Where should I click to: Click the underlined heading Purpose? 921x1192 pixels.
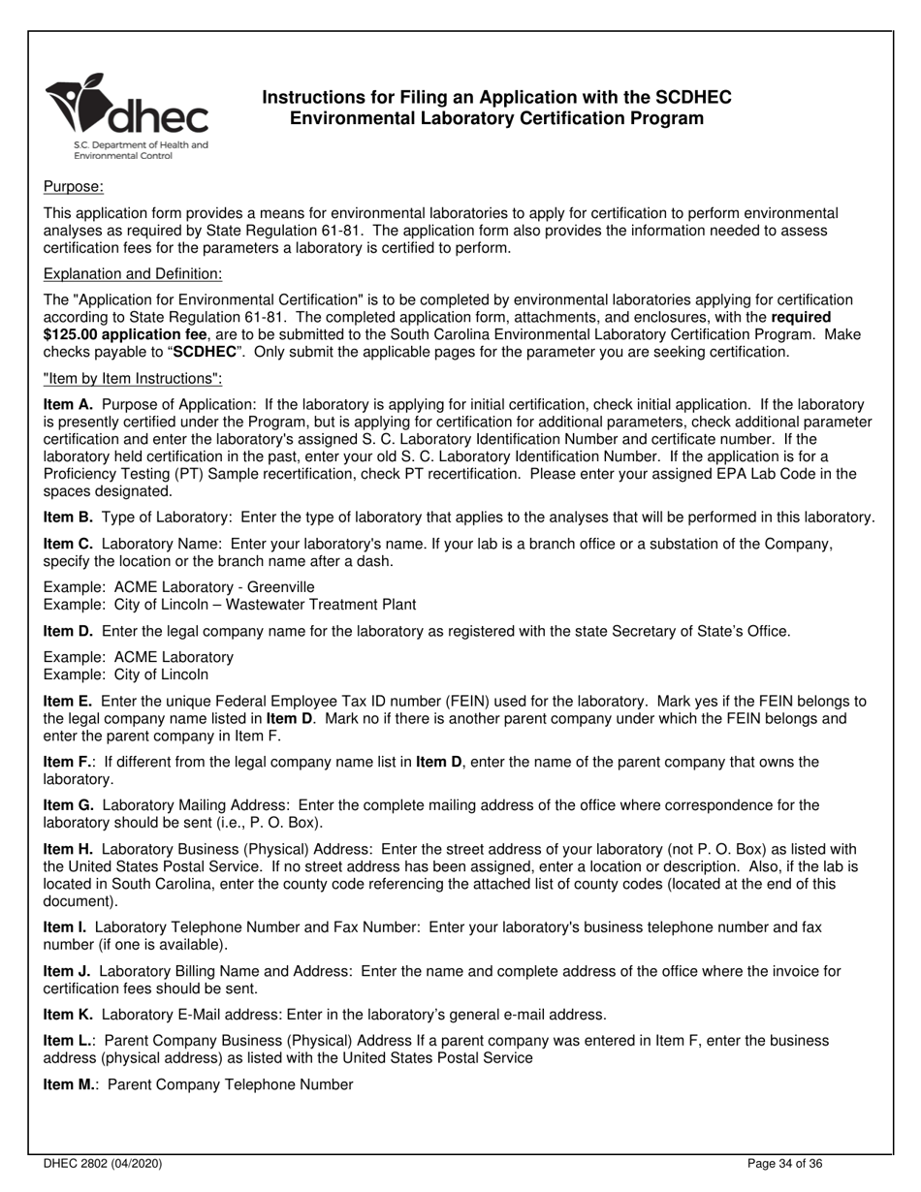[x=74, y=186]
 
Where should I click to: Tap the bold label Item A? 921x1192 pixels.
[x=68, y=404]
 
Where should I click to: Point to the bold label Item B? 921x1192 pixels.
[x=68, y=518]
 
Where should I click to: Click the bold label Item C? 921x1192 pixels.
[x=68, y=544]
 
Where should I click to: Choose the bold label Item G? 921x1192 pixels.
[x=69, y=804]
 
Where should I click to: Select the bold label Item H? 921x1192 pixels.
[x=68, y=849]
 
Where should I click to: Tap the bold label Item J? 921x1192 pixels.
[x=67, y=971]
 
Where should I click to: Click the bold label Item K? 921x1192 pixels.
[x=68, y=1015]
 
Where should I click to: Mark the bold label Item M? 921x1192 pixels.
[x=70, y=1084]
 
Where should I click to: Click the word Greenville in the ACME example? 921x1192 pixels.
[x=281, y=587]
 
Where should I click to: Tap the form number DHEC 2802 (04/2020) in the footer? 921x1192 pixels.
[x=103, y=1163]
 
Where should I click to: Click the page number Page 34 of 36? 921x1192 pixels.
[x=786, y=1163]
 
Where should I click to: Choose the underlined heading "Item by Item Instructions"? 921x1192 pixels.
[x=133, y=378]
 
